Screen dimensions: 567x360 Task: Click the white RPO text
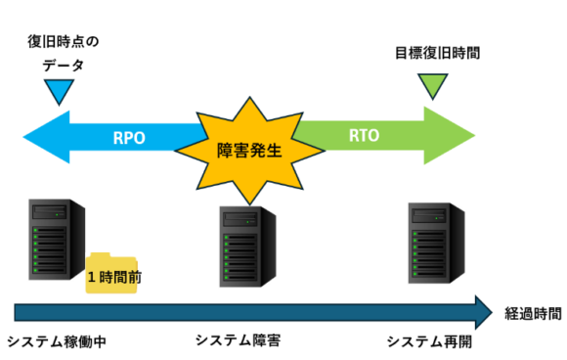[129, 138]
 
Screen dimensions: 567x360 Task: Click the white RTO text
[364, 136]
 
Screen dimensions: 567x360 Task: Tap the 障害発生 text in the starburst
[249, 150]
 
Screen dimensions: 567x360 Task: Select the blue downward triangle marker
[60, 92]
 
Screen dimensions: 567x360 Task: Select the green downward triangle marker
[433, 86]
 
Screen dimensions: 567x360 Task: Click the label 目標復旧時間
[438, 53]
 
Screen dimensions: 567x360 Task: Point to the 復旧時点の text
[64, 42]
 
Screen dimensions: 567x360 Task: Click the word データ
[64, 66]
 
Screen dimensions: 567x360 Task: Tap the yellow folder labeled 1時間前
[111, 273]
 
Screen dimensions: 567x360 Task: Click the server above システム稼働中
[57, 239]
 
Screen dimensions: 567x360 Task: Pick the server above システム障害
[247, 247]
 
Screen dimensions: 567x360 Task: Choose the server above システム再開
[436, 243]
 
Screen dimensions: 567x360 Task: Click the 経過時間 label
[533, 314]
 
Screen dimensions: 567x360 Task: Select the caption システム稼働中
[57, 341]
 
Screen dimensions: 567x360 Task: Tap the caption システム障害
[238, 340]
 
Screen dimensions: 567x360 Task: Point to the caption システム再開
[429, 341]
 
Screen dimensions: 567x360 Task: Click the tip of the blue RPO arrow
[23, 137]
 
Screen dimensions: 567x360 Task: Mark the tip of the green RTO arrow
[474, 136]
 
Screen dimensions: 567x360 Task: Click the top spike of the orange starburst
[249, 97]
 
